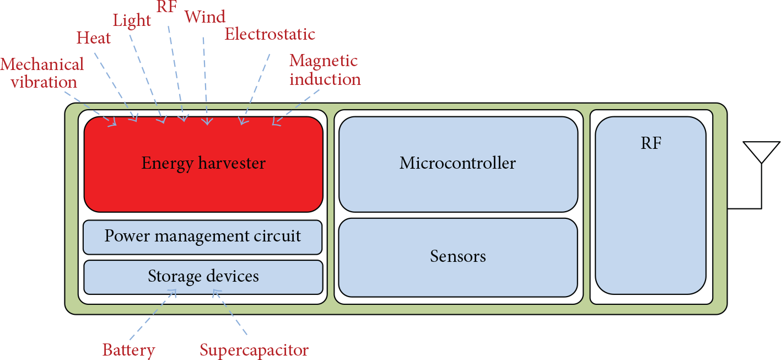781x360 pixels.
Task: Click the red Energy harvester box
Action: coord(203,164)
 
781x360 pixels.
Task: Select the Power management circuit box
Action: coord(203,237)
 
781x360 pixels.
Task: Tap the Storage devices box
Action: coord(203,277)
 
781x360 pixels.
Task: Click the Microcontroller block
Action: coord(458,164)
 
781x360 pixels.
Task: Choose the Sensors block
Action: coord(458,258)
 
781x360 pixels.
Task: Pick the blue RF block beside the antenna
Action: coord(650,206)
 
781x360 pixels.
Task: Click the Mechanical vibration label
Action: coord(42,73)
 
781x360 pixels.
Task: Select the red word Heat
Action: coord(94,37)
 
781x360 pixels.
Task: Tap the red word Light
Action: coord(132,21)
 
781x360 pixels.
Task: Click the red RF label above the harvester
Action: coord(166,6)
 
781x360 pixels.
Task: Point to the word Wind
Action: coord(205,17)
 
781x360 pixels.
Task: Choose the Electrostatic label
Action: coord(270,34)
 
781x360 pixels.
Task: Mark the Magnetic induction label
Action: coord(325,70)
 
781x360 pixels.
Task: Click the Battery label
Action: coord(128,350)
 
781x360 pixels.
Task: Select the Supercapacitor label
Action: coord(254,350)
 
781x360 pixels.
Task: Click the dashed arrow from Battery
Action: coord(153,314)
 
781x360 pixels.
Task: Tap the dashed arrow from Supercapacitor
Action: coord(230,312)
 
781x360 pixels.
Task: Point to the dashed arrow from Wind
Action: coord(206,81)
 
